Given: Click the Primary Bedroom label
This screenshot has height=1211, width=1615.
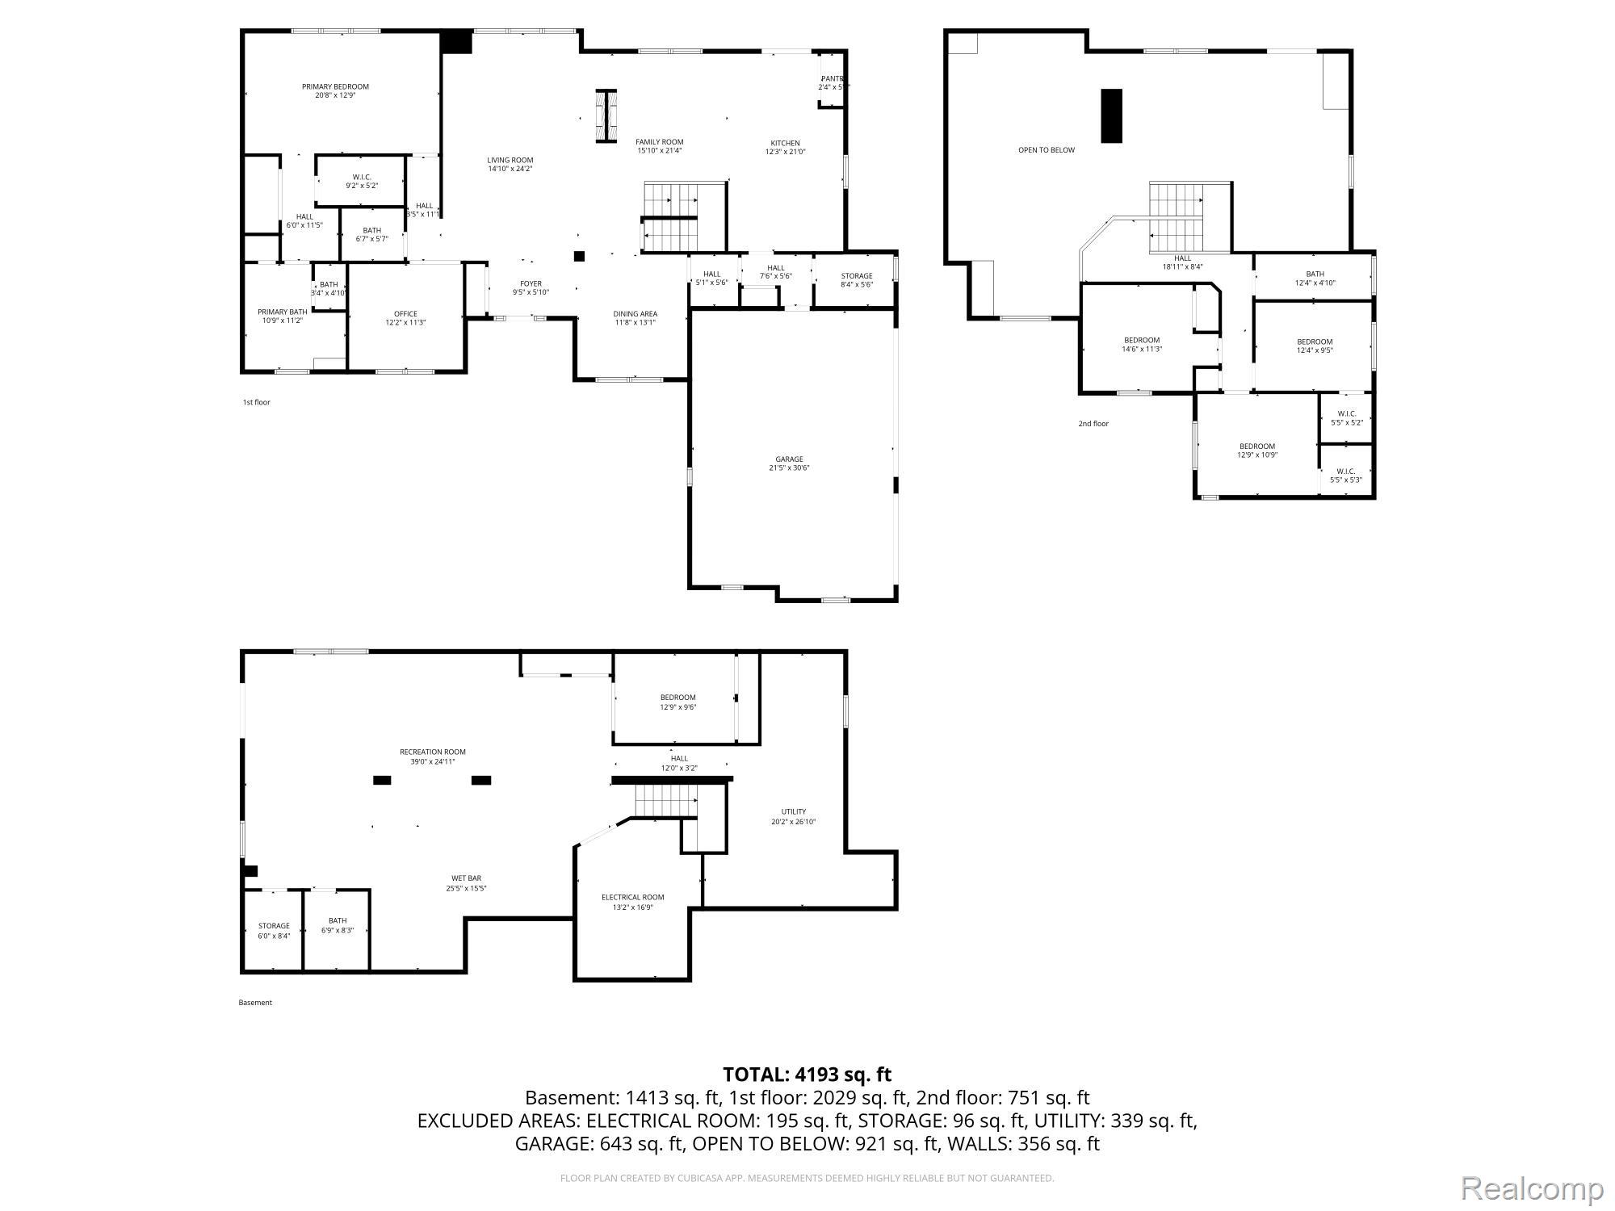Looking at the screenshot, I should click(335, 87).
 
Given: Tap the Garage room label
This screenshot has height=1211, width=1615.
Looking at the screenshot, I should click(789, 459).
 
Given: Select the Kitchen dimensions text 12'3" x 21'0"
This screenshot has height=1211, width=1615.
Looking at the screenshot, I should click(785, 152).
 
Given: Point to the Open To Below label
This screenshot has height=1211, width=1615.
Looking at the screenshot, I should click(1046, 150).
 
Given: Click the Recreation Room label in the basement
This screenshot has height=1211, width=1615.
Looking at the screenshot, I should click(433, 752).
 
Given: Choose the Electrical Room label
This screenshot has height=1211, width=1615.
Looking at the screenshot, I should click(632, 897).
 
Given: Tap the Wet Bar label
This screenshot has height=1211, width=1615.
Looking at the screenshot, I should click(466, 878).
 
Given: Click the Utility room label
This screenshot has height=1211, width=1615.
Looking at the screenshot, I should click(793, 812).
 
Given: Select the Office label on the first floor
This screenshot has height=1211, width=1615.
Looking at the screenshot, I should click(405, 314).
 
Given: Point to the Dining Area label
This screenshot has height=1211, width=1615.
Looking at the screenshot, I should click(635, 314).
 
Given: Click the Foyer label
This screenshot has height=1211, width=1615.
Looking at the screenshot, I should click(531, 283).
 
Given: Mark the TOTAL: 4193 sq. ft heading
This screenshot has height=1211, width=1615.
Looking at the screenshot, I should click(807, 1075).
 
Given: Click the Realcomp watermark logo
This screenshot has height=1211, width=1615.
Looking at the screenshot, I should click(1532, 1188).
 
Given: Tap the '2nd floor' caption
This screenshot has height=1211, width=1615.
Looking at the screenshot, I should click(1093, 423).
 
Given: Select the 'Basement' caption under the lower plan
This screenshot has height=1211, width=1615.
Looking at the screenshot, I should click(255, 1003).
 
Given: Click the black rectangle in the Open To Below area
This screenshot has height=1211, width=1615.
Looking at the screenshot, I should click(1112, 115).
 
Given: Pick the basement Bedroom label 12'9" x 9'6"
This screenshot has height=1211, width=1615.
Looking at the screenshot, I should click(677, 698).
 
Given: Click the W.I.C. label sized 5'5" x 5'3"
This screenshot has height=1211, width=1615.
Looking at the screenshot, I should click(1346, 471).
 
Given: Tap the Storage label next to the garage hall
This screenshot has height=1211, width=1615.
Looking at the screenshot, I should click(856, 276).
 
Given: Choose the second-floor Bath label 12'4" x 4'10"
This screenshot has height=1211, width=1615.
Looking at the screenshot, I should click(1315, 274).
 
